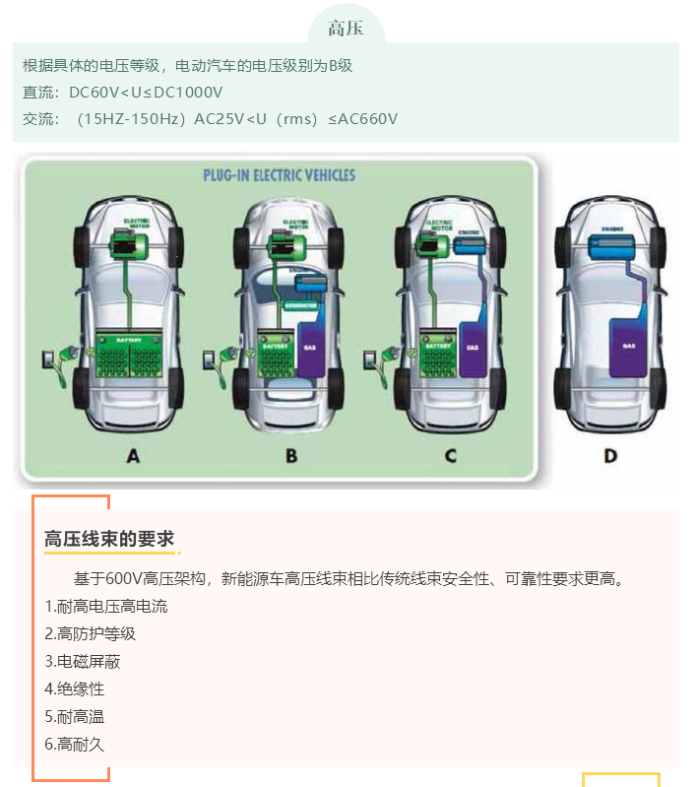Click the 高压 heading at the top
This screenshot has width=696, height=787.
[346, 28]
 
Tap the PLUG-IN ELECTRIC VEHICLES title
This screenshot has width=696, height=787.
[279, 176]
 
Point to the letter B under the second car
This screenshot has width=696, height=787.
[290, 455]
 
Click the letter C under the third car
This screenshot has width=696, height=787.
[450, 455]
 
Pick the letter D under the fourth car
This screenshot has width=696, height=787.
[610, 455]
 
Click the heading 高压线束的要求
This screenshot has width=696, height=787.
[109, 539]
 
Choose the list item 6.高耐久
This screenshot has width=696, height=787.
[75, 744]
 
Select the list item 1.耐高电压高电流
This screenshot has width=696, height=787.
[106, 606]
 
